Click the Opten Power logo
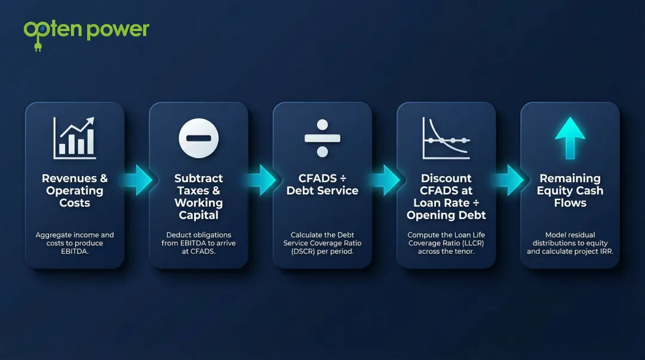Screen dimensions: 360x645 coord(86,30)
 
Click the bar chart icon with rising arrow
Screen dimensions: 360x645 coord(74,138)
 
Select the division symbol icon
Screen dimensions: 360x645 coord(322,138)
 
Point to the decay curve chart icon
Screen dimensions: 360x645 coord(446,138)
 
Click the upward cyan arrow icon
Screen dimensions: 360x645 coord(570,138)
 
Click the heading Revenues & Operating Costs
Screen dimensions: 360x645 coord(75,190)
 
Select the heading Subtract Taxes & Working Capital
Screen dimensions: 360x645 coord(198,196)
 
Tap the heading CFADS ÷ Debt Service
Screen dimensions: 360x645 coord(322,184)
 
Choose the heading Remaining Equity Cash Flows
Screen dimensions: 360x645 coord(570,190)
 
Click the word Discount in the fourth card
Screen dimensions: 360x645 coord(446,178)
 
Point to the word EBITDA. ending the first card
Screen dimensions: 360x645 coord(74,251)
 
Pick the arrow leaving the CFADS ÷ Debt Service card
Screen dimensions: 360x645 coord(385,180)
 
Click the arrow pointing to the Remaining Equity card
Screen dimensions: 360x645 coord(509,180)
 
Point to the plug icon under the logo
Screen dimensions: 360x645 coord(38,46)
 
